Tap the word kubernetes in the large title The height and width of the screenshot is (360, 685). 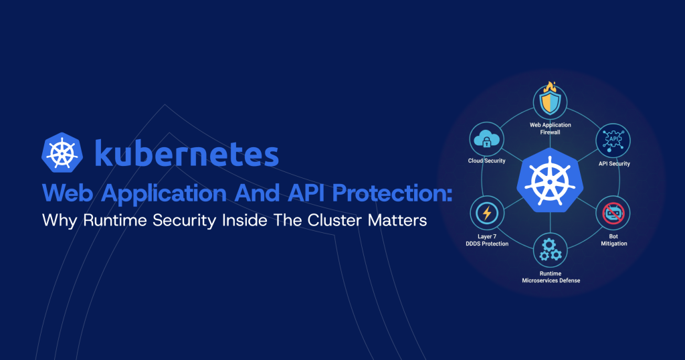(x=187, y=153)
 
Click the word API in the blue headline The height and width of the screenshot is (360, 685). (x=299, y=194)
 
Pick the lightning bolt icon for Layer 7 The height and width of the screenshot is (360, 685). (x=486, y=214)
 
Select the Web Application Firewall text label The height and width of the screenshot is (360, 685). (x=551, y=128)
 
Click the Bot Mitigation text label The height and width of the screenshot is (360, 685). (x=614, y=240)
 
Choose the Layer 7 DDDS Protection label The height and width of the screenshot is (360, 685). (x=486, y=240)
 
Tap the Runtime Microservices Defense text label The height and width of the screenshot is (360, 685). (x=551, y=277)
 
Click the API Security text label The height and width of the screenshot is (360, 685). (x=614, y=163)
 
